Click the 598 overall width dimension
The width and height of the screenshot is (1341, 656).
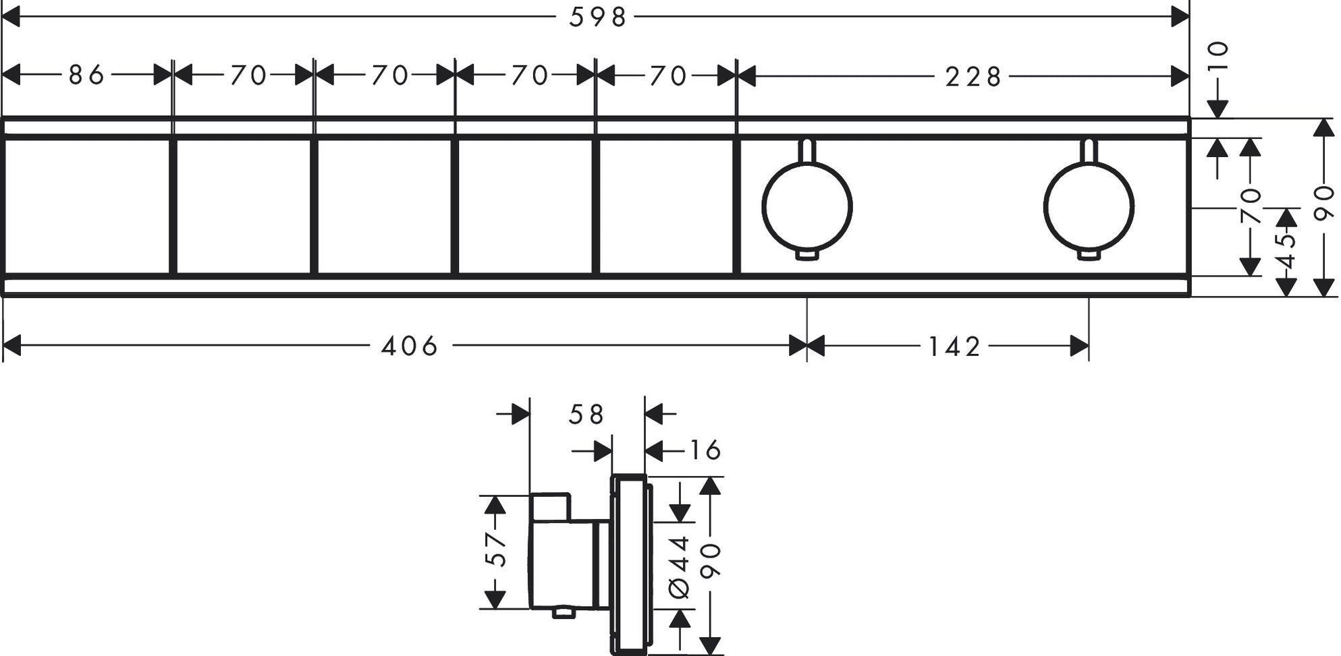click(598, 17)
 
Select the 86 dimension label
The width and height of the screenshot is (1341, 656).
click(86, 75)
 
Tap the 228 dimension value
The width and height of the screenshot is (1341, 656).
click(973, 78)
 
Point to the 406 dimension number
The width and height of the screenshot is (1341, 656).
click(410, 347)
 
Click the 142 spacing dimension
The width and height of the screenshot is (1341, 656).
click(954, 347)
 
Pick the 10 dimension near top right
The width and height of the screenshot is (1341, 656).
click(1218, 57)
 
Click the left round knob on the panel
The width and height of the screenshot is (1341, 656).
click(806, 207)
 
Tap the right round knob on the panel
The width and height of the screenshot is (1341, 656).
click(1088, 207)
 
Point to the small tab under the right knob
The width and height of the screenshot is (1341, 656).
click(1088, 254)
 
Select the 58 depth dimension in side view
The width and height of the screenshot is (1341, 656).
click(586, 415)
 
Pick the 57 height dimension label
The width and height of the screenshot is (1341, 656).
click(496, 549)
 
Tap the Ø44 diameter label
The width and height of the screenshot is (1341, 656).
click(680, 566)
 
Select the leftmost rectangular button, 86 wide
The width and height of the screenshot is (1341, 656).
click(86, 207)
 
